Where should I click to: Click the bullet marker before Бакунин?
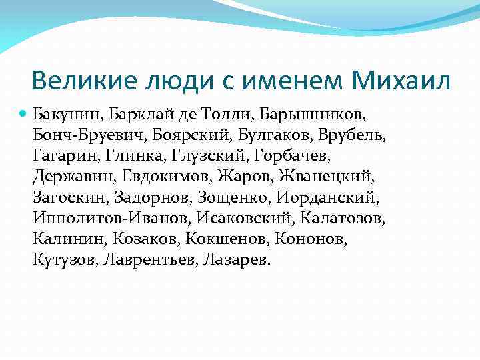tap(24, 115)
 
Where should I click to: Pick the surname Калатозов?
tap(343, 218)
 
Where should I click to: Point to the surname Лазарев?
tap(234, 259)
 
